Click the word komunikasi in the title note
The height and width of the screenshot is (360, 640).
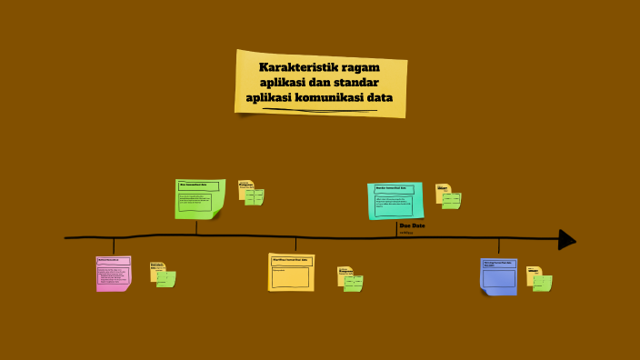tap(339, 97)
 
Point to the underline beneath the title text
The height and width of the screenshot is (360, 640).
tap(319, 110)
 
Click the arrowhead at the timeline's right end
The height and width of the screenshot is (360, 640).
tap(566, 239)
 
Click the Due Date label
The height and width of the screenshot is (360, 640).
tap(412, 225)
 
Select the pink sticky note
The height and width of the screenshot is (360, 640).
tap(114, 273)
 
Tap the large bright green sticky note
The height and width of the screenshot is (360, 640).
tap(199, 198)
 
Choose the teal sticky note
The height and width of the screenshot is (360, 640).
tap(395, 200)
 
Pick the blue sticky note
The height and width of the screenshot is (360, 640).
tap(498, 275)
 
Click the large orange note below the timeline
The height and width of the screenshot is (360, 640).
tap(291, 272)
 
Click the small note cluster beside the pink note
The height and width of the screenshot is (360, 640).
tap(163, 275)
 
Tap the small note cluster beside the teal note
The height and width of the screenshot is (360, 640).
tap(448, 195)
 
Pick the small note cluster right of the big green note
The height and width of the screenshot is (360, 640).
tap(251, 193)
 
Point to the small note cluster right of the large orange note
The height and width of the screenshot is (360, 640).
tap(350, 279)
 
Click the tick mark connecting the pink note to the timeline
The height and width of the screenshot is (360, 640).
tap(114, 245)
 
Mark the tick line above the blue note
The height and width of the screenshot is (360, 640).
tap(498, 245)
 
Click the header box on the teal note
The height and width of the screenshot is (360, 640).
tap(394, 189)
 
